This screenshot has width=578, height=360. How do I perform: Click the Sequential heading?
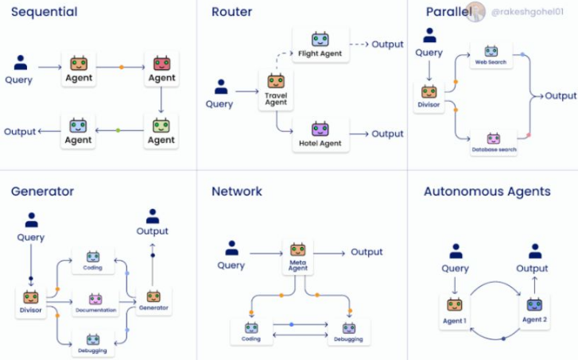click(45, 12)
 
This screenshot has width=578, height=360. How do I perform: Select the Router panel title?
click(232, 12)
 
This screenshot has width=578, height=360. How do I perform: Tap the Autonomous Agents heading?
click(487, 192)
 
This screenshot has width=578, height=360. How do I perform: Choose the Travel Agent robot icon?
click(276, 81)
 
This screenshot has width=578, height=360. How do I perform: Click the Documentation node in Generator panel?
click(95, 304)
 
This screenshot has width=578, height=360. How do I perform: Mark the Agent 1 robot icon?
click(455, 306)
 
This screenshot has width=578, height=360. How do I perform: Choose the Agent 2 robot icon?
click(533, 306)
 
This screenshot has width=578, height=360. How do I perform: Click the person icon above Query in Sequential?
click(21, 63)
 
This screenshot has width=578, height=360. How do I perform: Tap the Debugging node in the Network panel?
click(349, 332)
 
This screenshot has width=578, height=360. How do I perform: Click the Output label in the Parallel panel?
click(561, 95)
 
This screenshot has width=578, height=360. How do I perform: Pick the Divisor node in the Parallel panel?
click(429, 95)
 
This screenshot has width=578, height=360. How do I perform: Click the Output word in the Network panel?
click(367, 252)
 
